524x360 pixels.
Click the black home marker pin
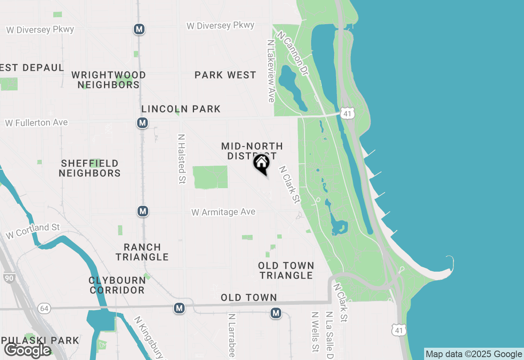pyautogui.click(x=261, y=164)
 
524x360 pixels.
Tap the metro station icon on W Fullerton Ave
pyautogui.click(x=142, y=123)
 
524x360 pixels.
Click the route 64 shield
pyautogui.click(x=44, y=308)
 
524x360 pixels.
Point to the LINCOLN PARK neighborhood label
pyautogui.click(x=181, y=109)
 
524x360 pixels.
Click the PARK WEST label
pyautogui.click(x=225, y=75)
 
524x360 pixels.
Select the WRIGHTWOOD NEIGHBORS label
pyautogui.click(x=108, y=80)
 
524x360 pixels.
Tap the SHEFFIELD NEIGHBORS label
pyautogui.click(x=90, y=169)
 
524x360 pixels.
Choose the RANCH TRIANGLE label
pyautogui.click(x=142, y=252)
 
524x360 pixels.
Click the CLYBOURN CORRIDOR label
pyautogui.click(x=117, y=285)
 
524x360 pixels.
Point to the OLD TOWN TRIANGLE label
pyautogui.click(x=286, y=271)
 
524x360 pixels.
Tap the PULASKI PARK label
pyautogui.click(x=40, y=340)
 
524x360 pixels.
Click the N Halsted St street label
pyautogui.click(x=182, y=159)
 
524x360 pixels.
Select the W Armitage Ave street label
pyautogui.click(x=224, y=212)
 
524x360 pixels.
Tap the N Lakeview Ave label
pyautogui.click(x=271, y=71)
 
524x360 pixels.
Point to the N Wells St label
pyautogui.click(x=315, y=332)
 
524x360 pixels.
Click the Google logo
pyautogui.click(x=27, y=350)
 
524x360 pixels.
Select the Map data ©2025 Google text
pyautogui.click(x=474, y=354)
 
